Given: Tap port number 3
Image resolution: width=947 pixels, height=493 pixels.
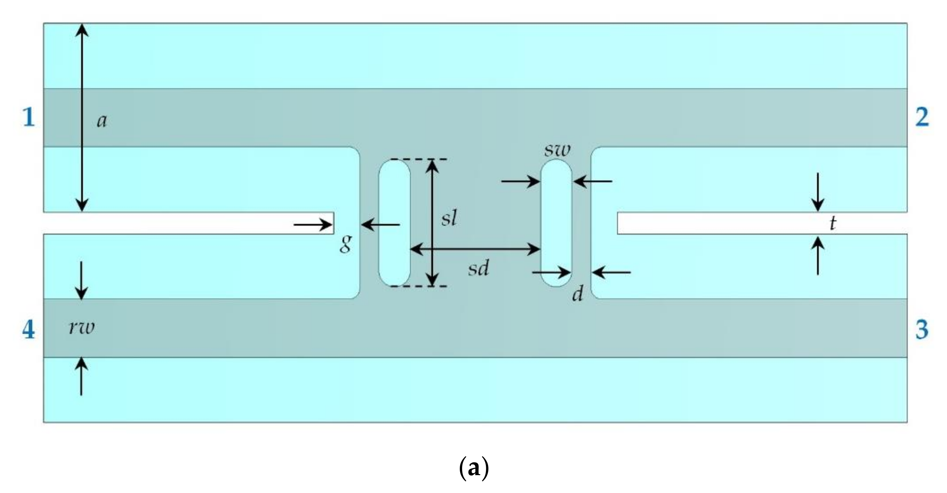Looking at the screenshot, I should [922, 330].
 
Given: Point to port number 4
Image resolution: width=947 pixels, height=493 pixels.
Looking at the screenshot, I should [29, 330].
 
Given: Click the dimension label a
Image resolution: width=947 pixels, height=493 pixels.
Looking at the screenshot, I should [102, 121].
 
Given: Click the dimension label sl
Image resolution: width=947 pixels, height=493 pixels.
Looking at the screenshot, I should [449, 219].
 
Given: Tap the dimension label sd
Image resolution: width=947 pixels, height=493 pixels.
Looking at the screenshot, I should [478, 269].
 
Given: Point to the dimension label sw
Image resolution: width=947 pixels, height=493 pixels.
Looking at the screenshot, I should [557, 150].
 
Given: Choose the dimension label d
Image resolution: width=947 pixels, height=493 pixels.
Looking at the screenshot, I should [577, 294].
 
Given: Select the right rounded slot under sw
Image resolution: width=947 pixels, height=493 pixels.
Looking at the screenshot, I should [556, 223].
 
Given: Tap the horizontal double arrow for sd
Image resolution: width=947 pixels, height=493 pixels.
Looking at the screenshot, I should [474, 249].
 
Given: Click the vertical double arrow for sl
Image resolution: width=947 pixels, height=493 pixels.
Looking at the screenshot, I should [433, 222].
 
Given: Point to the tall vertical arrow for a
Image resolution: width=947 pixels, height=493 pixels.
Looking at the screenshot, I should [82, 117].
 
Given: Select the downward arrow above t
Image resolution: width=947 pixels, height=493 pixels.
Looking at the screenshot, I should [818, 192].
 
